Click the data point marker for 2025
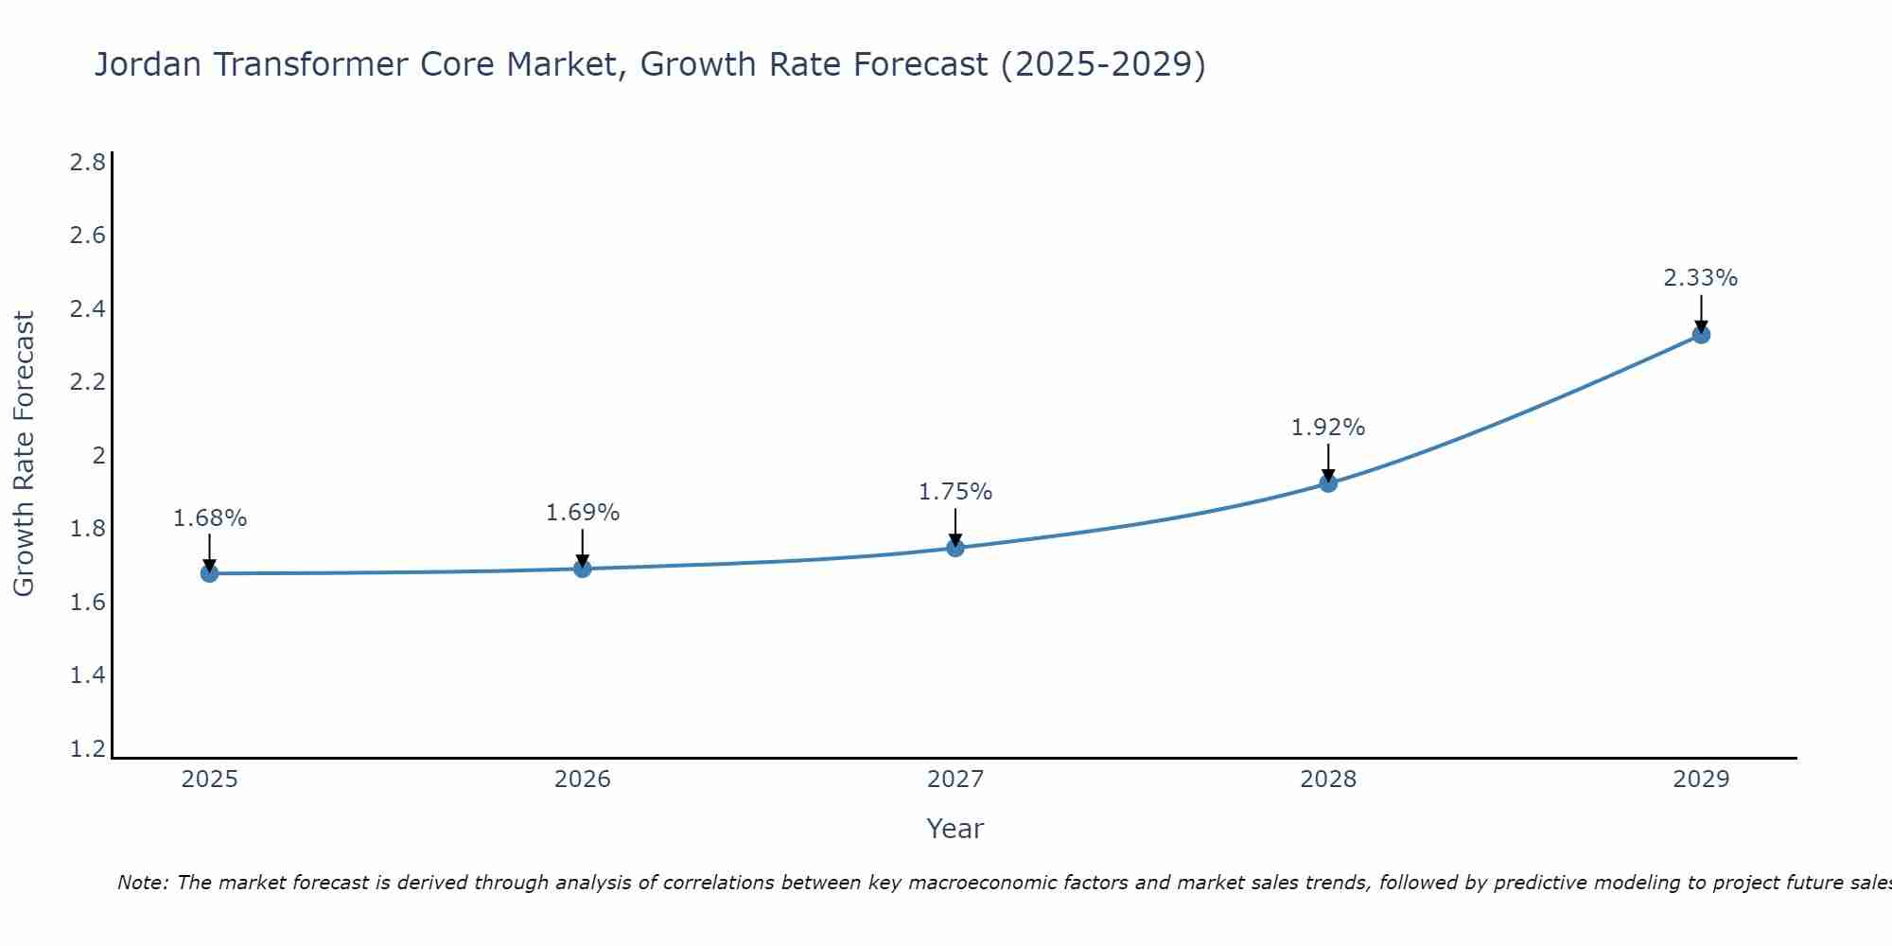pos(209,573)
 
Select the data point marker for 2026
pos(583,569)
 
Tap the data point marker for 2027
pos(955,548)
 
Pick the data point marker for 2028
pos(1328,483)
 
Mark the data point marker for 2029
pos(1701,334)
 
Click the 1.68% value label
pos(209,518)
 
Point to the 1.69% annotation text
pos(583,513)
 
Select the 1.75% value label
pos(955,492)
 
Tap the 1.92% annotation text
pos(1328,428)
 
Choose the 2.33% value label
pos(1701,278)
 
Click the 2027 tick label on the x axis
pos(955,780)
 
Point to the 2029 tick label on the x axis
pos(1701,780)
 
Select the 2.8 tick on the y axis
pos(88,163)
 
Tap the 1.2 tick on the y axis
pos(88,749)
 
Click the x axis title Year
pos(955,829)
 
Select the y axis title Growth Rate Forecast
pos(24,454)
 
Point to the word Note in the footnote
pos(142,883)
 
